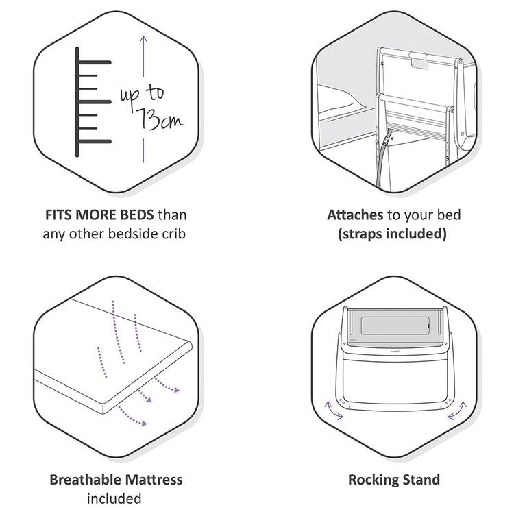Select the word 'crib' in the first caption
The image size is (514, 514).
[x=173, y=234]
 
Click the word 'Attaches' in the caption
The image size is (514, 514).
[x=354, y=215]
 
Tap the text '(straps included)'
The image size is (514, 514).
[x=393, y=234]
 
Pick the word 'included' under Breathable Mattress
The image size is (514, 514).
[x=114, y=498]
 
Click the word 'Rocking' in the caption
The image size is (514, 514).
[x=373, y=479]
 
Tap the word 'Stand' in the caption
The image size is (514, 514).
[x=421, y=479]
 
